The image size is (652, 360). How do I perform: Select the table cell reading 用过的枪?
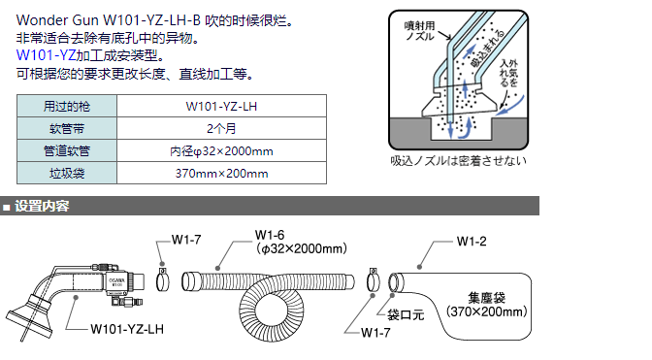[x=68, y=105]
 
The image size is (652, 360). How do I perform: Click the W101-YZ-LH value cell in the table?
[x=222, y=105]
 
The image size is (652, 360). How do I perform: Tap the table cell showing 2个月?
[x=222, y=128]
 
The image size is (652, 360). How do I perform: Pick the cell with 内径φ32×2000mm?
[x=222, y=150]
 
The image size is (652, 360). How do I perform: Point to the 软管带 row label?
[x=68, y=128]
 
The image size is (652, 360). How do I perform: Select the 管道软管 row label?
[x=68, y=150]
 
